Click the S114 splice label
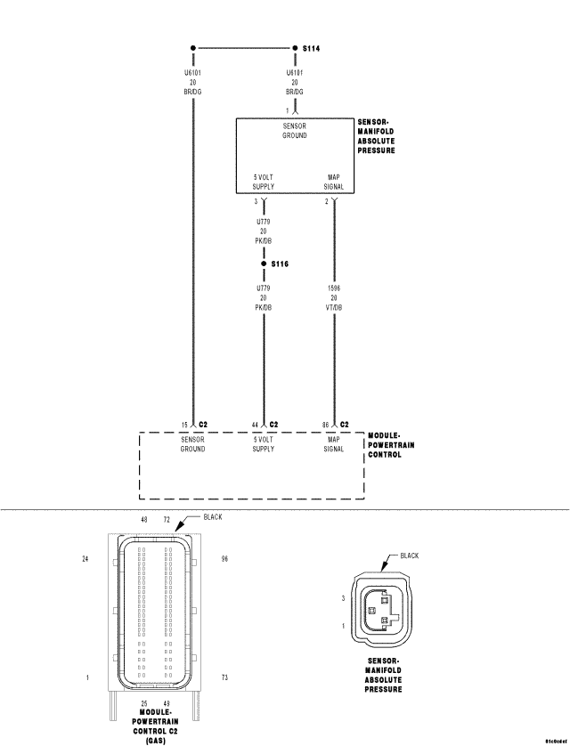point(313,48)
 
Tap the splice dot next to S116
point(264,264)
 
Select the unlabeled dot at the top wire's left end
point(192,48)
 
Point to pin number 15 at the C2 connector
point(184,425)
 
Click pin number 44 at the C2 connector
point(255,425)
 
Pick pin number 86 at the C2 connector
point(326,425)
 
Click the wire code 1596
point(334,289)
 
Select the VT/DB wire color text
point(334,307)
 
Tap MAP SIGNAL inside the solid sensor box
point(334,182)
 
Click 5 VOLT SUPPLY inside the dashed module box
point(264,444)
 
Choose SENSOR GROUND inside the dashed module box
point(192,444)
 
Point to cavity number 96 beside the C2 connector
point(225,559)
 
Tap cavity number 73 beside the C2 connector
point(225,677)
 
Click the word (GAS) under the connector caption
point(156,740)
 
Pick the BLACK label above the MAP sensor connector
point(409,555)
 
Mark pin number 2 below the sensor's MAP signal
point(327,202)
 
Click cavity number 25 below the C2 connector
point(143,702)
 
